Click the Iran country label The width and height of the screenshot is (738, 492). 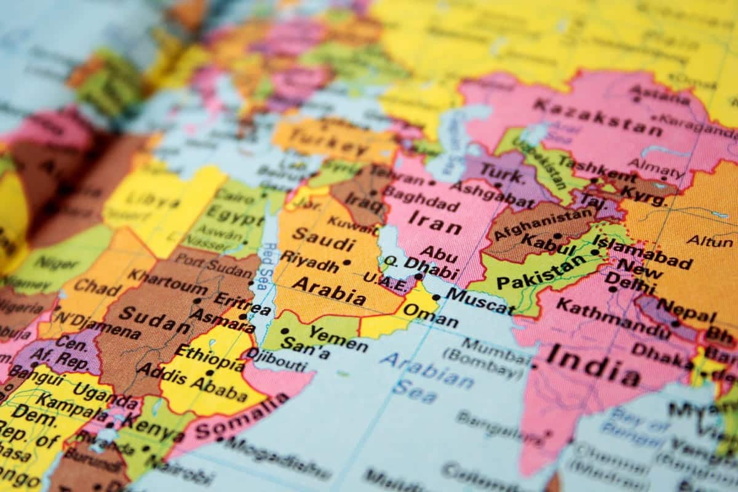434,222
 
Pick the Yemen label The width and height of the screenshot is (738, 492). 338,338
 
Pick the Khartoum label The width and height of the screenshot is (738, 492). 167,282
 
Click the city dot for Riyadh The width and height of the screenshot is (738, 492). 347,263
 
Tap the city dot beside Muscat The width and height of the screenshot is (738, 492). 436,298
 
